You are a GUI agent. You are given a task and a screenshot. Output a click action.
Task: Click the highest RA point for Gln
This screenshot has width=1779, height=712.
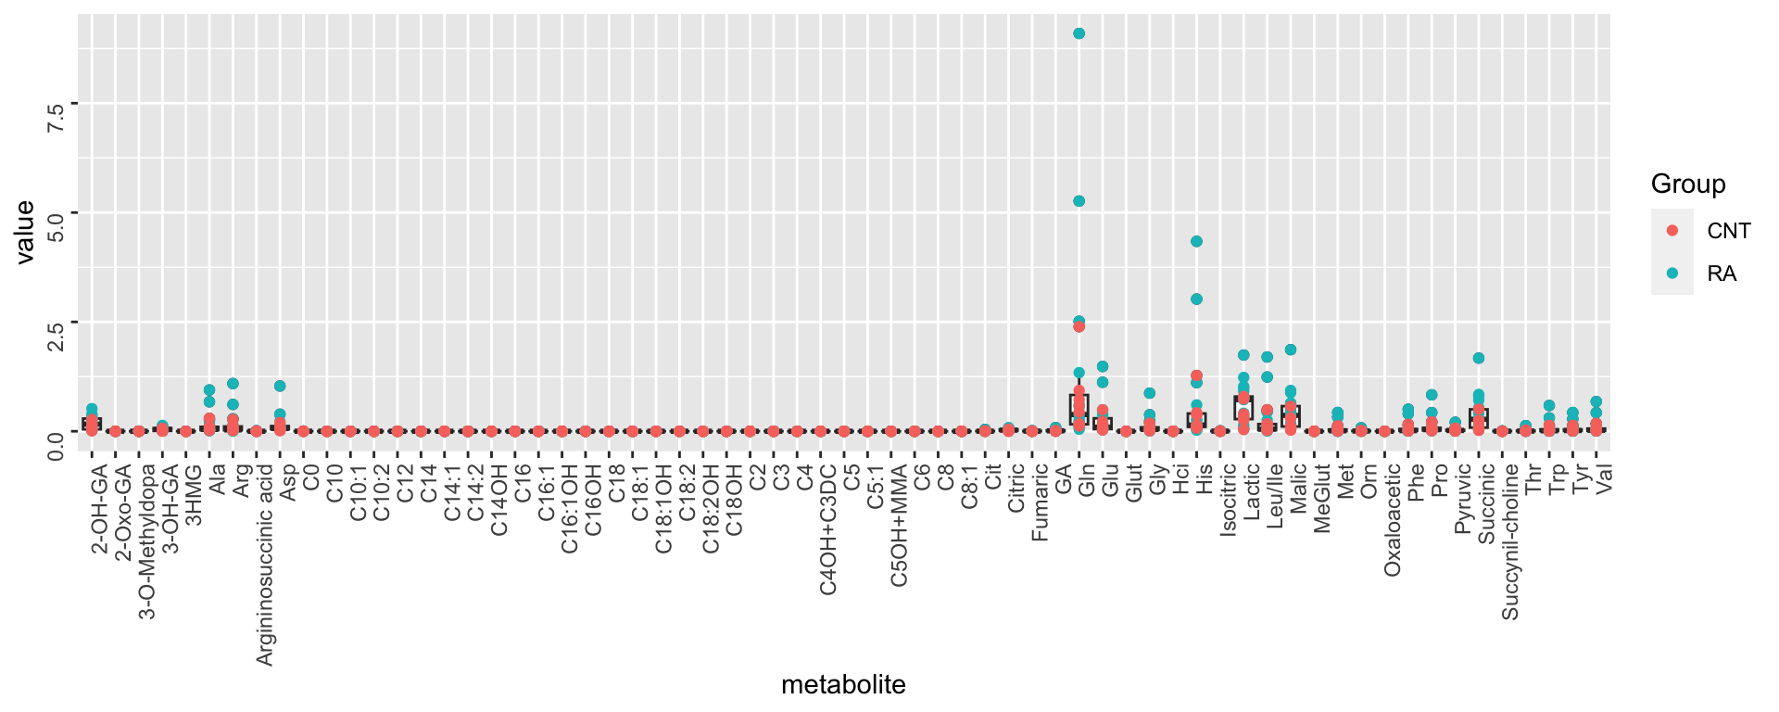(1079, 33)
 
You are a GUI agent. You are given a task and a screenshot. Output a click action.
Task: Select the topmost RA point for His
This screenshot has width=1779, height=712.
(1196, 241)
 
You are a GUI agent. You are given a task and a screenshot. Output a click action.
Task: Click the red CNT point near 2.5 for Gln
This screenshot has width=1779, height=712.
(1079, 326)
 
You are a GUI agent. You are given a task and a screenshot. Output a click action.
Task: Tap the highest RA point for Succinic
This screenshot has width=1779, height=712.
(1479, 358)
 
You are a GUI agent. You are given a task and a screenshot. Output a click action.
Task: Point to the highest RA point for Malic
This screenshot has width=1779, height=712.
(1291, 350)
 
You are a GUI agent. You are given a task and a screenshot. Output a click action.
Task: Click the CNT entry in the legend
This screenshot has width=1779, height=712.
(1728, 231)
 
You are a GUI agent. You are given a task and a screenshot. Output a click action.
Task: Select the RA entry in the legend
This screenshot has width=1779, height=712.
(1722, 273)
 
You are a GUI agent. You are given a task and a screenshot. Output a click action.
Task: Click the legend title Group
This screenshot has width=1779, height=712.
(1688, 184)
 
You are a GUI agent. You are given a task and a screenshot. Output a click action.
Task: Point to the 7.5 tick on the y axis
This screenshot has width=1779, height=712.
(56, 117)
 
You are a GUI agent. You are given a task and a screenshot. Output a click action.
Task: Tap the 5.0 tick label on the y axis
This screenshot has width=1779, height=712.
(56, 225)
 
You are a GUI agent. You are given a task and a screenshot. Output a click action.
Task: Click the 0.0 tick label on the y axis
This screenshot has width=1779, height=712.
(56, 444)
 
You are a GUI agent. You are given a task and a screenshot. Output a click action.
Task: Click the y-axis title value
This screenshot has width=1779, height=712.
(25, 232)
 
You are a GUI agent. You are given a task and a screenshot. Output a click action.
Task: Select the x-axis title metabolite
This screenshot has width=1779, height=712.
(843, 685)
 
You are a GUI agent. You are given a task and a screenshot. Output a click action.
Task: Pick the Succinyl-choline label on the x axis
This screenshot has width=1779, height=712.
(1510, 541)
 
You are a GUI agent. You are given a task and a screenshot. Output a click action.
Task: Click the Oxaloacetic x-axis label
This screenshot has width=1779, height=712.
(1393, 519)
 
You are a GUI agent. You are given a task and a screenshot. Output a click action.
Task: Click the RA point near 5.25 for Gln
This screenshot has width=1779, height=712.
(1079, 201)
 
